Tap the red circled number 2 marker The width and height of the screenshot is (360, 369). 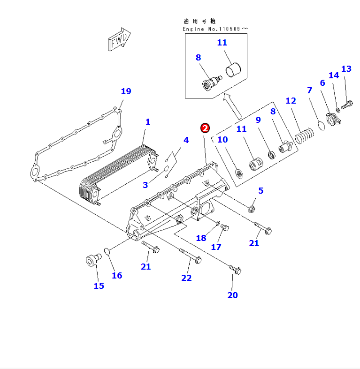pyautogui.click(x=205, y=128)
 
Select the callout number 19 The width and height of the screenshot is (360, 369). pyautogui.click(x=126, y=91)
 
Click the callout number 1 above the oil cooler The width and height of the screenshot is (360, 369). pyautogui.click(x=147, y=122)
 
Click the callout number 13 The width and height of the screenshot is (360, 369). pyautogui.click(x=346, y=69)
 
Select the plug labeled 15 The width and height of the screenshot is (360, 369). pyautogui.click(x=91, y=259)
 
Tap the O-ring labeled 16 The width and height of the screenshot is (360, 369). pyautogui.click(x=107, y=252)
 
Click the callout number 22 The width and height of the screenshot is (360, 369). pyautogui.click(x=186, y=278)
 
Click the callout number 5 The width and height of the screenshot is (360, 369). pyautogui.click(x=260, y=191)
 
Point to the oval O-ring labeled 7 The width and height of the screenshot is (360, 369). pyautogui.click(x=322, y=125)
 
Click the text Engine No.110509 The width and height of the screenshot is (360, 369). pyautogui.click(x=214, y=29)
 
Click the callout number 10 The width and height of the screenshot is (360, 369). pyautogui.click(x=222, y=140)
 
